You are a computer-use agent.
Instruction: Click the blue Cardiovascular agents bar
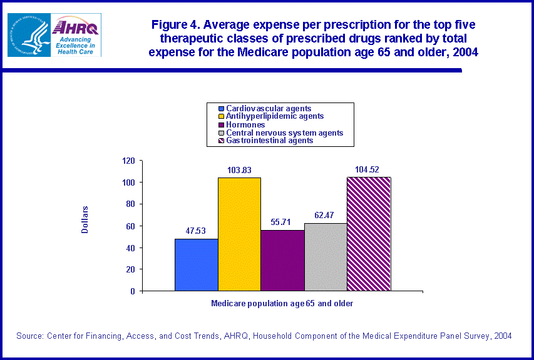pos(196,265)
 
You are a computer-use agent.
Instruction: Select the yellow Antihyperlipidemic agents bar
pos(239,234)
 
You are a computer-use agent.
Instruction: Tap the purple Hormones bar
pos(282,261)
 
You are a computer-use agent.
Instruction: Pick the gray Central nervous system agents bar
pos(326,257)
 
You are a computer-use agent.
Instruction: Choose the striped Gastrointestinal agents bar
pos(369,234)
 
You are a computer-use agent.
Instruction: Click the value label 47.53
pos(196,231)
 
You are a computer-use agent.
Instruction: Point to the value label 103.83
pos(239,169)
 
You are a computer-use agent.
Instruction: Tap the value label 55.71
pos(282,222)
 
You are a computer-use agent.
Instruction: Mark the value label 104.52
pos(369,169)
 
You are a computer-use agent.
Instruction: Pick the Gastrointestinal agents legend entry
pos(269,141)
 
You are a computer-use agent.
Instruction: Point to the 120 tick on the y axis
pos(128,161)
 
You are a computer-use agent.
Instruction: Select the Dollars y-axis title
pos(85,220)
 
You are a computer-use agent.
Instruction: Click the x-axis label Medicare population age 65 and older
pos(282,303)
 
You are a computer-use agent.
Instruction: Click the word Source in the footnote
pos(29,336)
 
